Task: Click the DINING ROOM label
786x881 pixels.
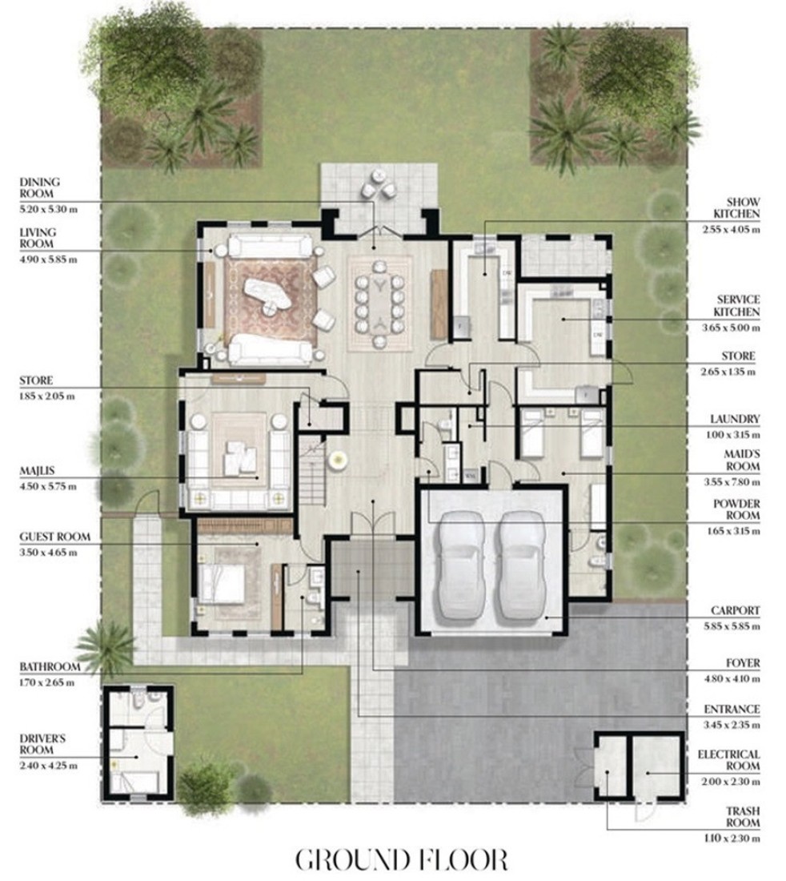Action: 40,187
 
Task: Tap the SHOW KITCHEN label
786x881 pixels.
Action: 736,208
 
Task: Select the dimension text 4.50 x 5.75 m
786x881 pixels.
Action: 48,487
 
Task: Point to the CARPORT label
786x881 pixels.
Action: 735,610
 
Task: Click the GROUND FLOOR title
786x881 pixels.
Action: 401,859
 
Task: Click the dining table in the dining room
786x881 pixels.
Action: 381,304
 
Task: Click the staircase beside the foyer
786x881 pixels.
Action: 311,473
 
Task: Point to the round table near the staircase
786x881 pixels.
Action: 338,461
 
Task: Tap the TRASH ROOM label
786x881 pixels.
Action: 742,817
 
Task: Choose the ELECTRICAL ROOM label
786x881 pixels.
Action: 728,760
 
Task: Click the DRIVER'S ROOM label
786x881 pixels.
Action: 42,744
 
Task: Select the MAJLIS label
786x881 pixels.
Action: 37,471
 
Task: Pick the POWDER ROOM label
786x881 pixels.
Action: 736,509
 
